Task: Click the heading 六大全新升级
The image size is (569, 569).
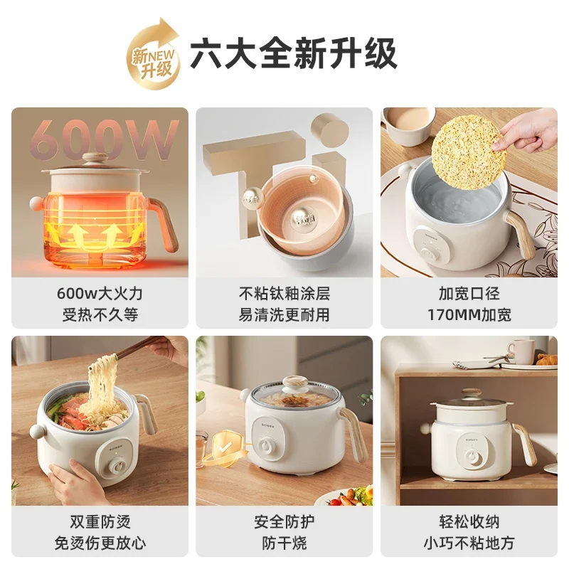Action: [x=293, y=55]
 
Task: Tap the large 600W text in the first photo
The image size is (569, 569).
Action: [x=104, y=139]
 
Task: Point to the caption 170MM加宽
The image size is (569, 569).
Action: [x=469, y=314]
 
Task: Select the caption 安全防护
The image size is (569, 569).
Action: [x=284, y=522]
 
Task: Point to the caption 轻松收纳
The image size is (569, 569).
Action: [x=469, y=522]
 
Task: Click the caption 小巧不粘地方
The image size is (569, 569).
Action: [x=469, y=543]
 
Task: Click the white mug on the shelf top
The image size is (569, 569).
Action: [x=521, y=351]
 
